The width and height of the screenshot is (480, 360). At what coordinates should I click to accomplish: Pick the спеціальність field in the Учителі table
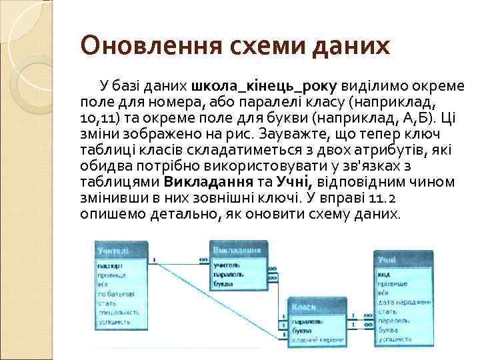point(119,311)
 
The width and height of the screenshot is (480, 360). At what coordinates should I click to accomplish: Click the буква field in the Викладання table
point(222,283)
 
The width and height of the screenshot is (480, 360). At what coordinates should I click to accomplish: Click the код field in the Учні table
point(383,274)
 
